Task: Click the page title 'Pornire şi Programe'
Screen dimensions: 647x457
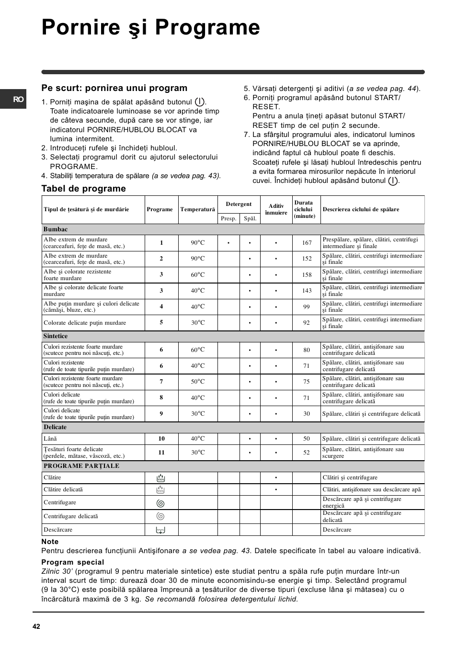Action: [150, 28]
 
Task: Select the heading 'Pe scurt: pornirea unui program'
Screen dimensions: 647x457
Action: [114, 88]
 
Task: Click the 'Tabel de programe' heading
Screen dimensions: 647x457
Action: [83, 189]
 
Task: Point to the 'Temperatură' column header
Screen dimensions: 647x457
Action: [197, 209]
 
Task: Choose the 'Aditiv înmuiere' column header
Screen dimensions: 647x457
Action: [276, 209]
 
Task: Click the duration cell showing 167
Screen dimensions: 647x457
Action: [307, 243]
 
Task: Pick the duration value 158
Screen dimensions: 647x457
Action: [307, 275]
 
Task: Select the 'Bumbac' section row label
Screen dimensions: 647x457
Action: [56, 229]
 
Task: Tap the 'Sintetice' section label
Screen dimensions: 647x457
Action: [56, 336]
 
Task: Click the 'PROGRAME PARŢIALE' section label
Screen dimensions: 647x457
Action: [81, 466]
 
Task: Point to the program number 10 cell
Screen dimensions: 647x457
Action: [161, 439]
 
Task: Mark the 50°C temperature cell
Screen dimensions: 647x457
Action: [197, 382]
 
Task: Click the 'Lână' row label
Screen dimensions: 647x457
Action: [50, 439]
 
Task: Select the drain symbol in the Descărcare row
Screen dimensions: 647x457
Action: [161, 530]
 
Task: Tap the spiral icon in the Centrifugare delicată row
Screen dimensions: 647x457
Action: [161, 516]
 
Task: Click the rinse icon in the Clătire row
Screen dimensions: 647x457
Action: [161, 478]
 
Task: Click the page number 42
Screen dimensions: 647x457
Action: [37, 626]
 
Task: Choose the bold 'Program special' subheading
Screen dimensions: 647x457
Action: [72, 562]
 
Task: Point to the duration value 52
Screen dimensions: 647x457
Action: [307, 453]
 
